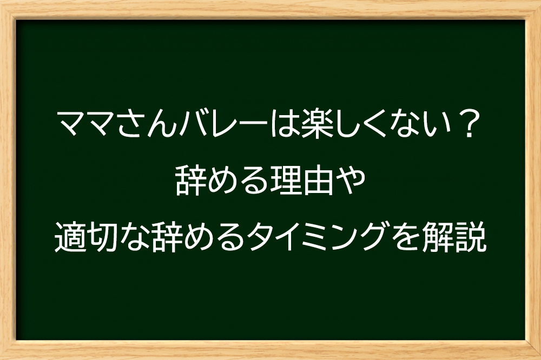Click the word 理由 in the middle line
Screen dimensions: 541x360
click(302, 181)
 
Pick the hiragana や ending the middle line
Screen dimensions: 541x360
click(350, 181)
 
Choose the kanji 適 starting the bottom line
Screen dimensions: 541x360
click(70, 237)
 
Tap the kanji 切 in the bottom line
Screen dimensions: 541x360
click(102, 237)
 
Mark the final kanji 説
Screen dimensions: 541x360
click(471, 237)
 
